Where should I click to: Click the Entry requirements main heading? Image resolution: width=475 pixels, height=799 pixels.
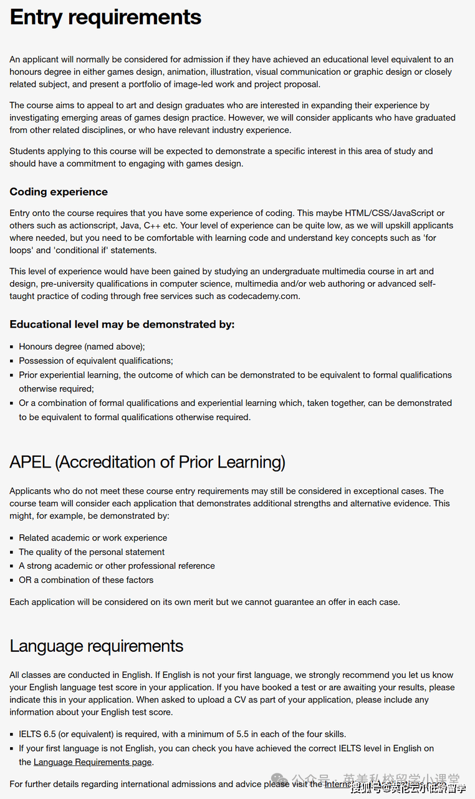(105, 17)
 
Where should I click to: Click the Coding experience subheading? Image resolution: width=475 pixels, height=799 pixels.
(59, 192)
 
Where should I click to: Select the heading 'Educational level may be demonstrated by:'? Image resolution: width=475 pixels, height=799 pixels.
(122, 324)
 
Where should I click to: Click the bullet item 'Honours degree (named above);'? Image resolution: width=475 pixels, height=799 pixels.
(82, 346)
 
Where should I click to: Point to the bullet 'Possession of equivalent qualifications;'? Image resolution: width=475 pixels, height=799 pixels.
(96, 361)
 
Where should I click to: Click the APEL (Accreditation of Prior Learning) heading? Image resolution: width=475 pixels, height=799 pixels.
(147, 462)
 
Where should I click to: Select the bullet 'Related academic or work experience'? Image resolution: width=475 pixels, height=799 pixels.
(93, 537)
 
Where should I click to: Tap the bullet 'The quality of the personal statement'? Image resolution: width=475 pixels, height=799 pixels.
(92, 552)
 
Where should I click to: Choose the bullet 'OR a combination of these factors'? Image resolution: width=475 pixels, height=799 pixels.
(86, 580)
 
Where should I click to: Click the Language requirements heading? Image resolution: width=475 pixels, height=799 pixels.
(97, 645)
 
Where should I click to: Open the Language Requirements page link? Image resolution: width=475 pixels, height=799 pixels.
(93, 762)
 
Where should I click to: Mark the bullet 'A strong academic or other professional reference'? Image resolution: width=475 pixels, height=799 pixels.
(117, 566)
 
